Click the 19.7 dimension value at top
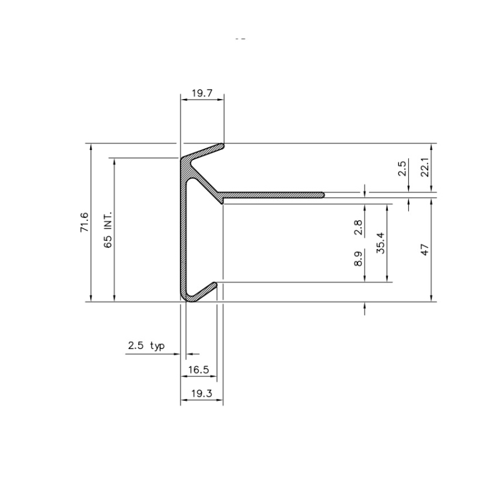(x=202, y=93)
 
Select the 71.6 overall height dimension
(x=85, y=222)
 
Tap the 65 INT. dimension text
(x=108, y=229)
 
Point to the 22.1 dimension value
(x=425, y=167)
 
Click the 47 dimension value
(x=425, y=250)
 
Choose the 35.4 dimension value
(x=380, y=243)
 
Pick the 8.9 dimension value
(x=358, y=259)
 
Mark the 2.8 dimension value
(x=358, y=227)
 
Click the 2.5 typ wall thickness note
(x=146, y=345)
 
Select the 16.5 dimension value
(x=199, y=370)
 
